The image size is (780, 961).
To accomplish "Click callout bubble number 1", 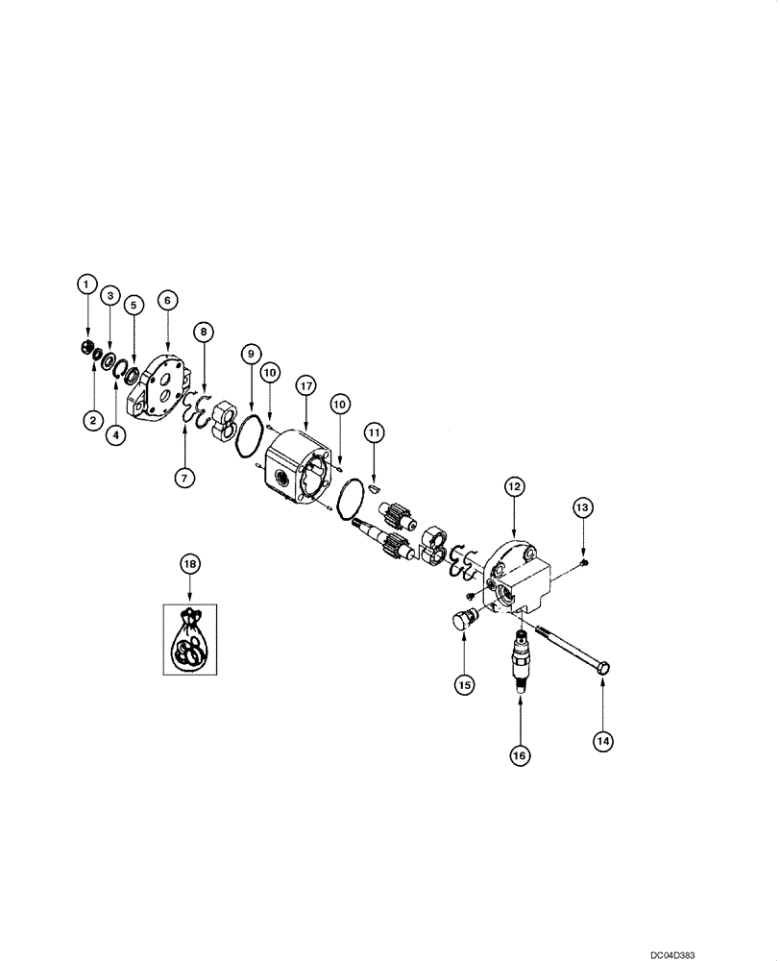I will click(x=86, y=283).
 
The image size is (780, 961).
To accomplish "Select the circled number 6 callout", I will click(x=167, y=301).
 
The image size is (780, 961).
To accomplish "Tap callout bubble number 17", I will click(x=305, y=385).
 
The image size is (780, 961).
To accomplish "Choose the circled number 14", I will click(x=602, y=740).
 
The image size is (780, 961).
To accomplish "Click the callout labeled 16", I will click(x=520, y=756).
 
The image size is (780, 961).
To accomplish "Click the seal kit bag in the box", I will click(x=190, y=640).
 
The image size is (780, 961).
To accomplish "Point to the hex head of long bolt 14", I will click(x=604, y=666).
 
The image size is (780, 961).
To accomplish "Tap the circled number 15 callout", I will click(x=465, y=684).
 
